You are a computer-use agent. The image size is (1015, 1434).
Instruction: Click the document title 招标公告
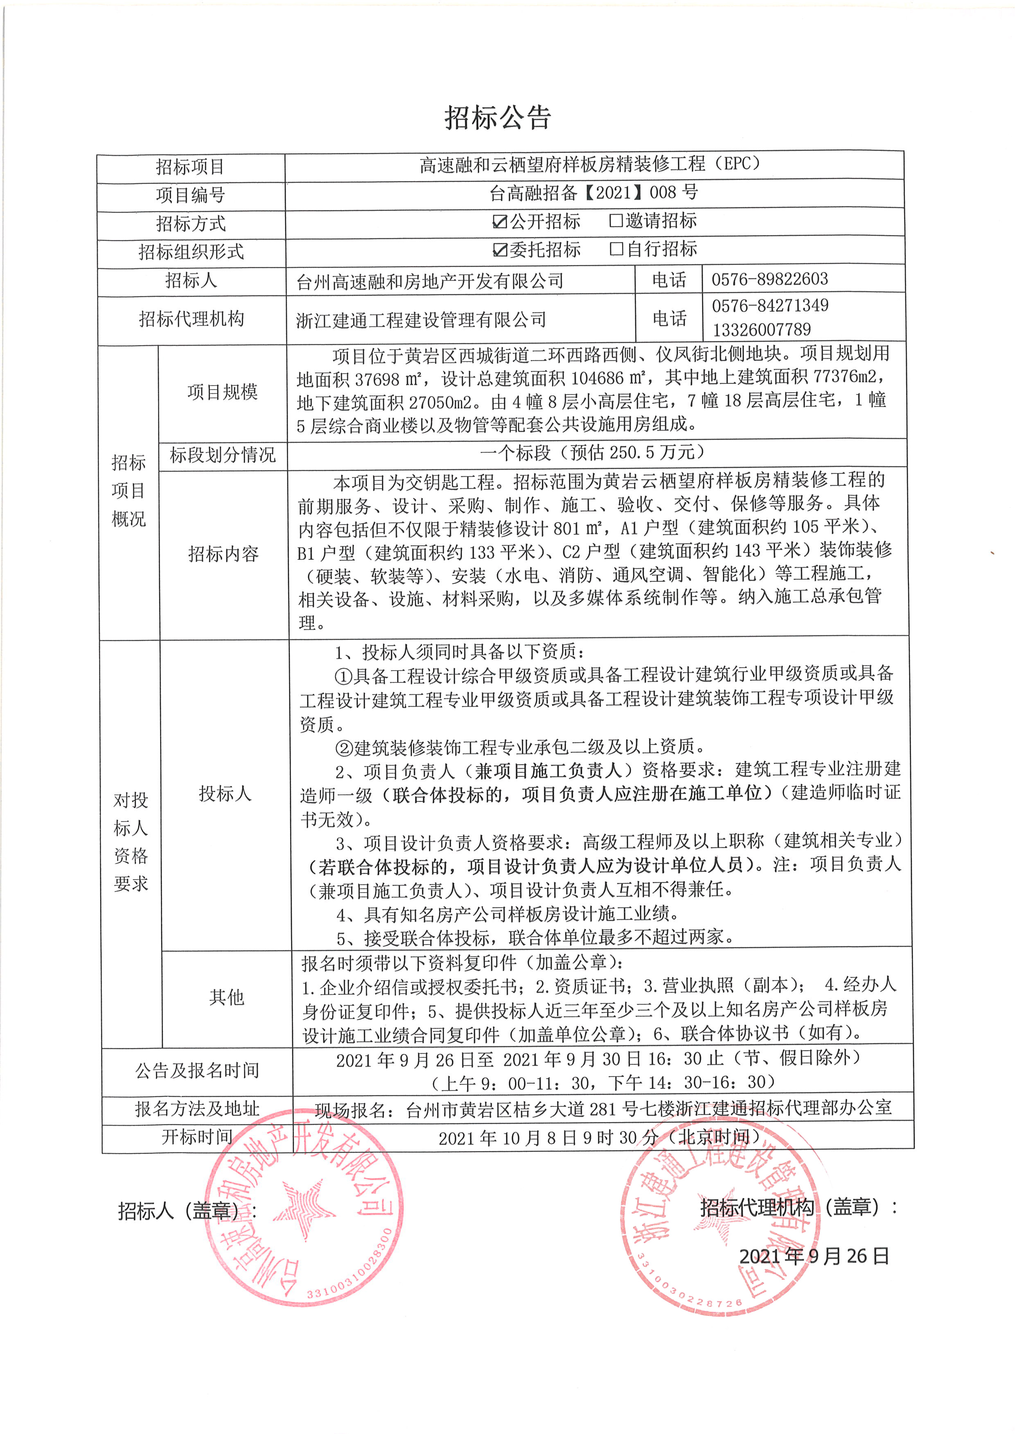(498, 117)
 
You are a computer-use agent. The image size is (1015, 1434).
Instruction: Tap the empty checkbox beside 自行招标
(616, 249)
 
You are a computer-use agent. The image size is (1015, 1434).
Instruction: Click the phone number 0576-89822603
(769, 279)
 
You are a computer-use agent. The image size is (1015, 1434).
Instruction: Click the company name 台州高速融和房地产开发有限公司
(430, 282)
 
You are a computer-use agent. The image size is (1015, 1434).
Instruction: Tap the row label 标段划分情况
(223, 455)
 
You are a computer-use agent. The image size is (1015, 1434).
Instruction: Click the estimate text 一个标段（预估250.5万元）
(593, 452)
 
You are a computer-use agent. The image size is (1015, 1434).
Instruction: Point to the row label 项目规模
(223, 392)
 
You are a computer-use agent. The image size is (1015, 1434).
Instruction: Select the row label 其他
(226, 997)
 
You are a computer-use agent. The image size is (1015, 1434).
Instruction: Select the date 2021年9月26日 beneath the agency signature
(814, 1256)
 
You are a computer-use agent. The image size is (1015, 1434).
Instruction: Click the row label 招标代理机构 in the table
(191, 319)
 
